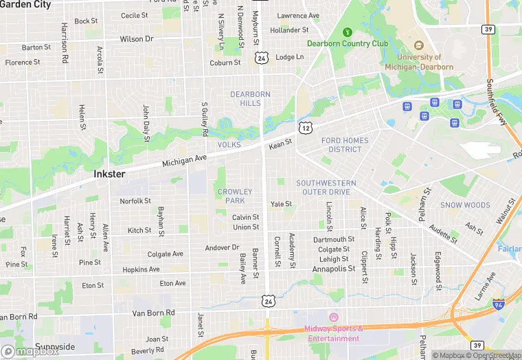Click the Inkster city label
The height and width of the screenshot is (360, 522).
tap(109, 175)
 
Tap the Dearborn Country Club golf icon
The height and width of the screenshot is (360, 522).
tap(348, 32)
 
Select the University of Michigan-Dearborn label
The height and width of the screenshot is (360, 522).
tap(419, 62)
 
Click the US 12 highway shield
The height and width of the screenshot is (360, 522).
tap(306, 128)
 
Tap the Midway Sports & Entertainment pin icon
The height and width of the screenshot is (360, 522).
tap(334, 317)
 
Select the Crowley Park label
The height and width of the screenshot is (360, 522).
tap(235, 196)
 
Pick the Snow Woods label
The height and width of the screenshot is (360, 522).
tap(465, 205)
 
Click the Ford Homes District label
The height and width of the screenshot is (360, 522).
tap(345, 145)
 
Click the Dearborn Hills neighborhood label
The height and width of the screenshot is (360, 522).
tap(250, 98)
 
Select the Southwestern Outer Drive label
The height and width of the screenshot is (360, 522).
tap(326, 188)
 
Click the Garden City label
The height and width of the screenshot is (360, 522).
tap(25, 4)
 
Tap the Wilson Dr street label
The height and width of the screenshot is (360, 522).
tap(136, 39)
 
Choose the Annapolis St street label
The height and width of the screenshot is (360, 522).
tap(333, 269)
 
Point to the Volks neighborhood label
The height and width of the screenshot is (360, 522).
tap(229, 146)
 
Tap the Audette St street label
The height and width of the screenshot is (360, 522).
tap(443, 234)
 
